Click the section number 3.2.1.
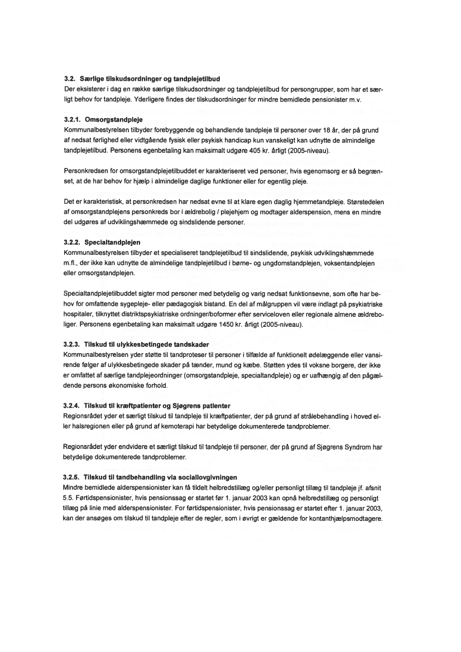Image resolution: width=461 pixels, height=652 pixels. (x=73, y=119)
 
